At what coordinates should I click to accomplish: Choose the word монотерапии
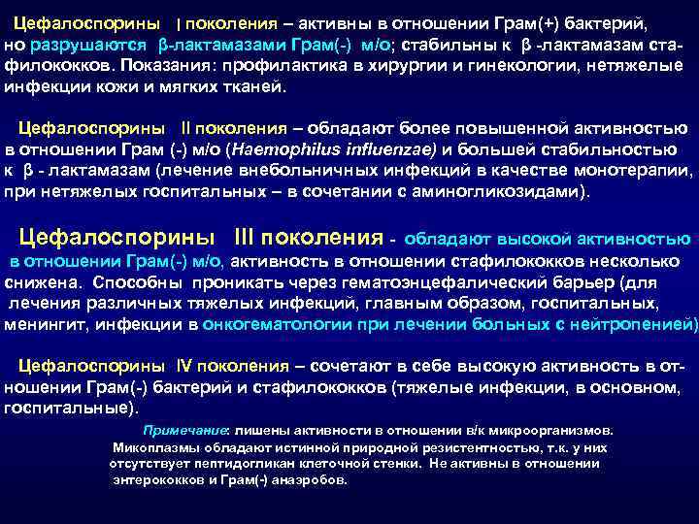click(x=620, y=171)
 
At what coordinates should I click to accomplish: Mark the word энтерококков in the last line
click(x=156, y=478)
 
